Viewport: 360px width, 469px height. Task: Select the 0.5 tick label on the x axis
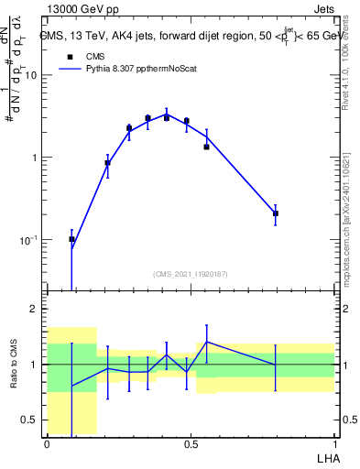191,444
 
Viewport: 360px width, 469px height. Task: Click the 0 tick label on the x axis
47,444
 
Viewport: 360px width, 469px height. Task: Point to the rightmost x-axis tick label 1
333,444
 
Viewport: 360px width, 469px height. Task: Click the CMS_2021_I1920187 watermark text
191,273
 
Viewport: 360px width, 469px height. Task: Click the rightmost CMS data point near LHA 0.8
276,213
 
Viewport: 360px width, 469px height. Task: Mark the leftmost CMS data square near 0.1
72,239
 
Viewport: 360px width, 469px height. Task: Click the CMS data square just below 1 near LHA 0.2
107,163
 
